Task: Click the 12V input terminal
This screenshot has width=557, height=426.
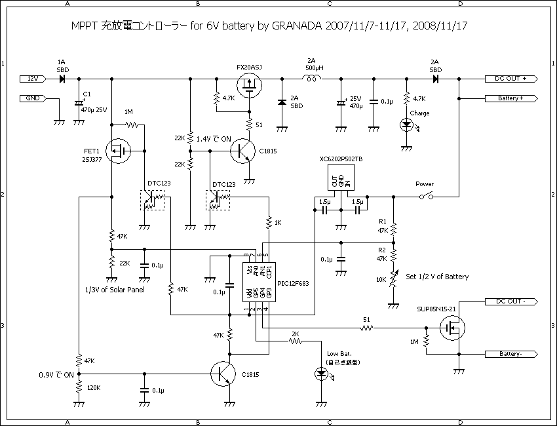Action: pos(32,78)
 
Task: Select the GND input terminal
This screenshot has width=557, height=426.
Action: pos(32,98)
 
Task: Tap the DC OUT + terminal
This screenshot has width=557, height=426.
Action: pos(510,78)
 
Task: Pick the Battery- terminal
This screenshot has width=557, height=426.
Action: pos(510,353)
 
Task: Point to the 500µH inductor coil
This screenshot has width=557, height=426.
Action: pos(311,78)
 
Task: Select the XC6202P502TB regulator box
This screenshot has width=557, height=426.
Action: pos(341,178)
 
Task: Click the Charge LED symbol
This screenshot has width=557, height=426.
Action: pos(407,125)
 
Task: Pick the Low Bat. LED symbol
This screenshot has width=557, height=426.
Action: pos(321,374)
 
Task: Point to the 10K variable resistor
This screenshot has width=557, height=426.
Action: pos(394,280)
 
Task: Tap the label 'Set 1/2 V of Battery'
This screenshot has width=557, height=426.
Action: pos(438,277)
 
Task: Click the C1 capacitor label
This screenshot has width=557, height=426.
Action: pos(86,96)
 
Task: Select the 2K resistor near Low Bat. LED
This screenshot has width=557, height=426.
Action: pos(295,341)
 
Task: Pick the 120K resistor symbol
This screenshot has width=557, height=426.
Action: pos(79,387)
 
